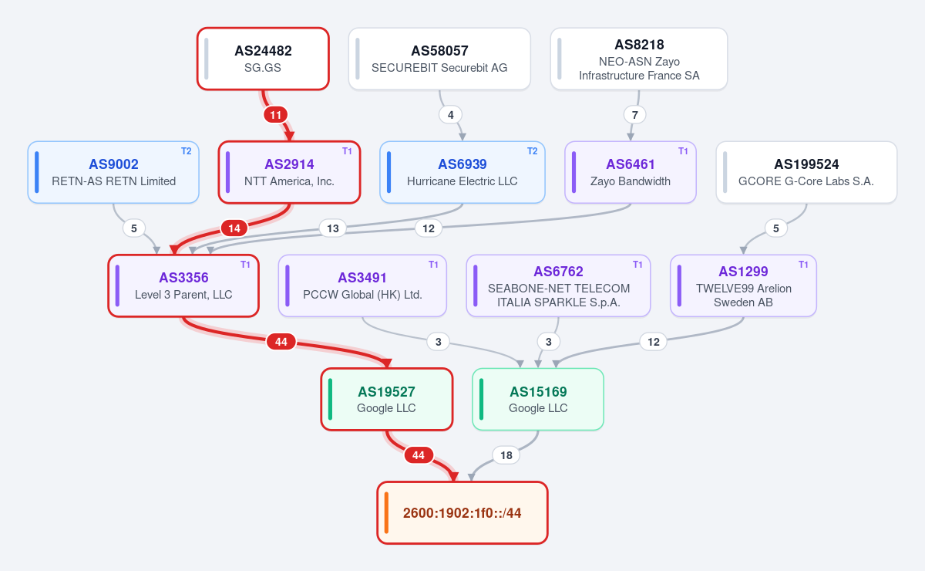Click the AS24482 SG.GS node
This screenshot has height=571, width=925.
click(x=263, y=59)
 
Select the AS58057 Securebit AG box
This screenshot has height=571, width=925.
click(x=439, y=59)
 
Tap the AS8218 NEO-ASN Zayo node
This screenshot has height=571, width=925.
click(x=639, y=59)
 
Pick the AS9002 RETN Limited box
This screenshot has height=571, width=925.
click(x=113, y=172)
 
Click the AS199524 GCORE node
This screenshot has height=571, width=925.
click(x=806, y=172)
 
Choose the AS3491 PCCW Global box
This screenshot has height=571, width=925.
click(x=362, y=285)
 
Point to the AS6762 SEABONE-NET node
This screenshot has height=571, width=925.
click(x=558, y=285)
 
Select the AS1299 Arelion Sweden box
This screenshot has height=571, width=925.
click(x=743, y=285)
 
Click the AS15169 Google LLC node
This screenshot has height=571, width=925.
click(x=538, y=400)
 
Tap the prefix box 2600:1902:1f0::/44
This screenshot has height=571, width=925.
click(x=462, y=512)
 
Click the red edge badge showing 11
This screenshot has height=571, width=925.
click(x=275, y=115)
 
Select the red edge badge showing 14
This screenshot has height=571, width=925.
click(x=234, y=228)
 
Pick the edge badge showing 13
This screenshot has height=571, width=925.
click(x=333, y=228)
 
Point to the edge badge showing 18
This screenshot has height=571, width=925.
click(x=506, y=455)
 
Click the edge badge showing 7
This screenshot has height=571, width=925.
click(x=635, y=115)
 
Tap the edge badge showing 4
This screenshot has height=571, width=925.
click(x=450, y=115)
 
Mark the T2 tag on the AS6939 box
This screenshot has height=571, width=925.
click(x=533, y=151)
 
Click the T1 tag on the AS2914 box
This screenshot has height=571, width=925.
click(x=347, y=151)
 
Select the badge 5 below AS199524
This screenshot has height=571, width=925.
click(x=776, y=228)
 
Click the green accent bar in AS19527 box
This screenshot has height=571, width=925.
click(x=330, y=400)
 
